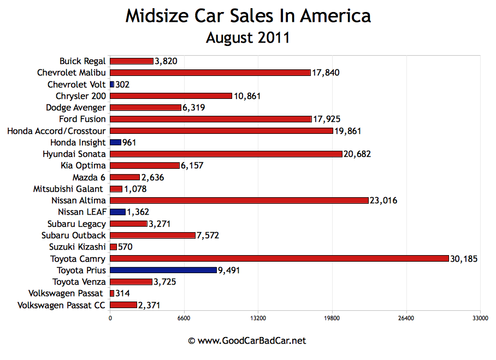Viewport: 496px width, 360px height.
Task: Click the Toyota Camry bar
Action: (x=279, y=258)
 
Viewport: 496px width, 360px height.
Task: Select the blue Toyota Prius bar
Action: (x=163, y=270)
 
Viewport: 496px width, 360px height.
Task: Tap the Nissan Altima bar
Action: (x=239, y=200)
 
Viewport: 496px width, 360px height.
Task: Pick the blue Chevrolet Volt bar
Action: (x=112, y=85)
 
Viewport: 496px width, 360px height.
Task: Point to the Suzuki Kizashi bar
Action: (x=113, y=247)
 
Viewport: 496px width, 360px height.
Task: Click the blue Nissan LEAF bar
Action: (x=117, y=212)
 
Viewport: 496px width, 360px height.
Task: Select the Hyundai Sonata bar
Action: (x=226, y=154)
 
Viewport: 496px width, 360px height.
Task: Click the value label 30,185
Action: (x=464, y=258)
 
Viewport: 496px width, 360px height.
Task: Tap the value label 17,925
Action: (x=327, y=119)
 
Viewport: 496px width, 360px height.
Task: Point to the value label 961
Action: (x=129, y=143)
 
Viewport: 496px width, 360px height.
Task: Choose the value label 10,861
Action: (x=247, y=96)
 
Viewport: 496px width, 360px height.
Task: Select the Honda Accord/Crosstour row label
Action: (x=57, y=131)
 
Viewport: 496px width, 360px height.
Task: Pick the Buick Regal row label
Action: (x=82, y=61)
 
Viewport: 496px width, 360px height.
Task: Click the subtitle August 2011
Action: (x=247, y=38)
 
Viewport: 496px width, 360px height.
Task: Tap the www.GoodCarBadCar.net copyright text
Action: (x=247, y=341)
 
